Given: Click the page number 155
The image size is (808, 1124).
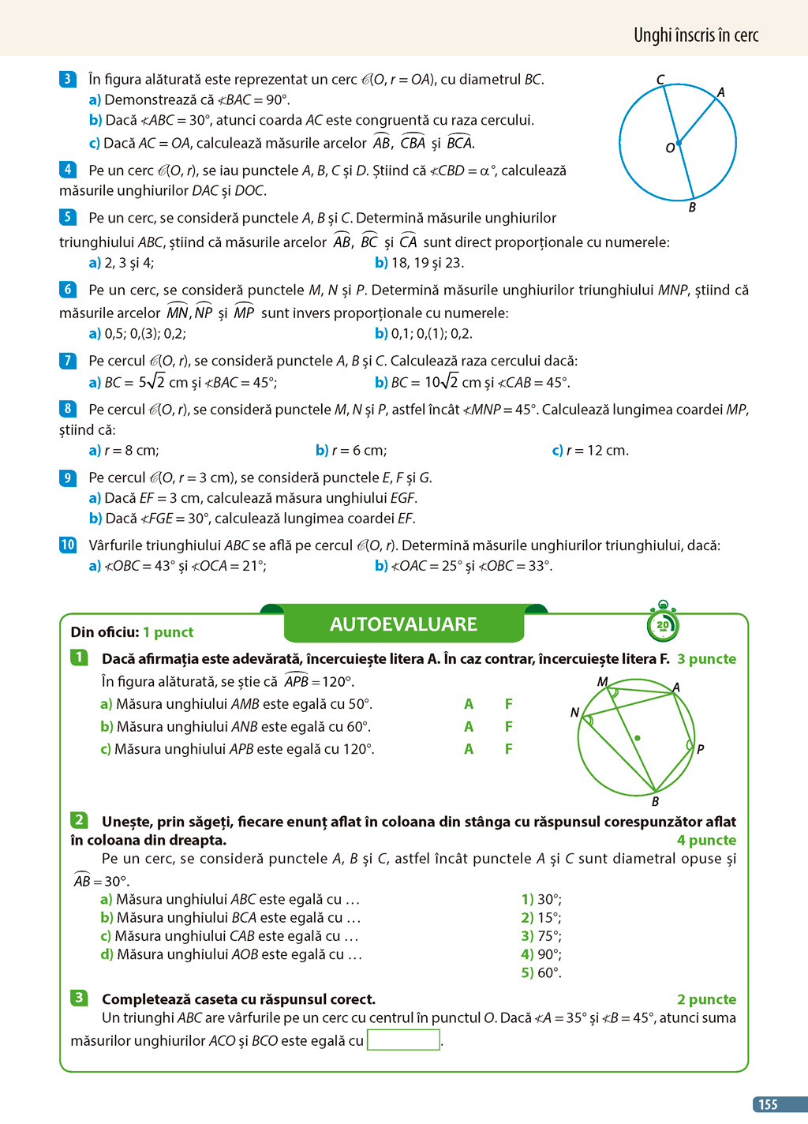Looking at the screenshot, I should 768,1104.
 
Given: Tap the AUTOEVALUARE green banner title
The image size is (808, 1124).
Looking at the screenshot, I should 403,624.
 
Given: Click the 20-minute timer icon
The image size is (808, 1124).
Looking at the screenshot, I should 662,624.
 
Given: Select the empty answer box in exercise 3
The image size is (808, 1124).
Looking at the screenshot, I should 403,1040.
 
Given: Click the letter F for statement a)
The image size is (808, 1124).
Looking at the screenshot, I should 509,704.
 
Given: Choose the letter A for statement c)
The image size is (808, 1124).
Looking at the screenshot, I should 469,749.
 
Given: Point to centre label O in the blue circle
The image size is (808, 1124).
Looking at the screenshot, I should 670,148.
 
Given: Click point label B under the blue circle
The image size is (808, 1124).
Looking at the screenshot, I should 692,208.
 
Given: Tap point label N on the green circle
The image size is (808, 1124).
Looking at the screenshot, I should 574,712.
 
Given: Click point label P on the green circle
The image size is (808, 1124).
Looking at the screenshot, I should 700,749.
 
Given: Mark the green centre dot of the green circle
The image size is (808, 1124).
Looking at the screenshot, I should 638,738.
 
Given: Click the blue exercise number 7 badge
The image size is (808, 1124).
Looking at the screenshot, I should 68,361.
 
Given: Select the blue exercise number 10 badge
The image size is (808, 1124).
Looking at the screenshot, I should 68,545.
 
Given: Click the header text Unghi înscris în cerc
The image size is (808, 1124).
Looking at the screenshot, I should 695,35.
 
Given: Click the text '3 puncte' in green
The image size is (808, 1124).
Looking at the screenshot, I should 706,659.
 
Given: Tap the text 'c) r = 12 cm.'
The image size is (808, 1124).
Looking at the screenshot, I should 590,451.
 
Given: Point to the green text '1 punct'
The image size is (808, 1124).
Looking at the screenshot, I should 168,632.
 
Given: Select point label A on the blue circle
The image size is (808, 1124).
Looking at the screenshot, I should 720,92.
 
